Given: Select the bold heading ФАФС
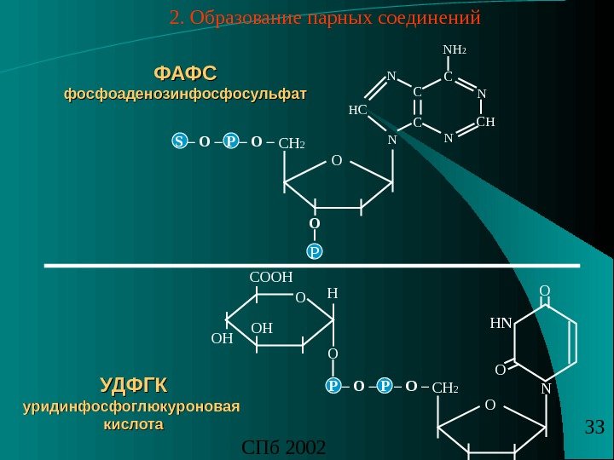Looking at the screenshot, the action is point(184,69).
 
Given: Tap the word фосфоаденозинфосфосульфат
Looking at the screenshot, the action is point(184,90).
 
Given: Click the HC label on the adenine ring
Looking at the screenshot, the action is point(358,110).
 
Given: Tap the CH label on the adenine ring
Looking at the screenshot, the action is point(485,123).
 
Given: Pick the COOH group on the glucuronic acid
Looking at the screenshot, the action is point(270,277).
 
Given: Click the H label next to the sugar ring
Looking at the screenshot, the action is point(333,293).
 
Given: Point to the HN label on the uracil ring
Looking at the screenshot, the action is point(501,324).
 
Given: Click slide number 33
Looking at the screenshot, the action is point(594,426).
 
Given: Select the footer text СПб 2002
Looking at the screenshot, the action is point(284,446).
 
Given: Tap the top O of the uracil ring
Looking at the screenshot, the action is point(545,291).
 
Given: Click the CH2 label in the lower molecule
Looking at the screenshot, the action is point(445,388).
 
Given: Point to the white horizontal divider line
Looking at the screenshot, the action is point(311,266).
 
